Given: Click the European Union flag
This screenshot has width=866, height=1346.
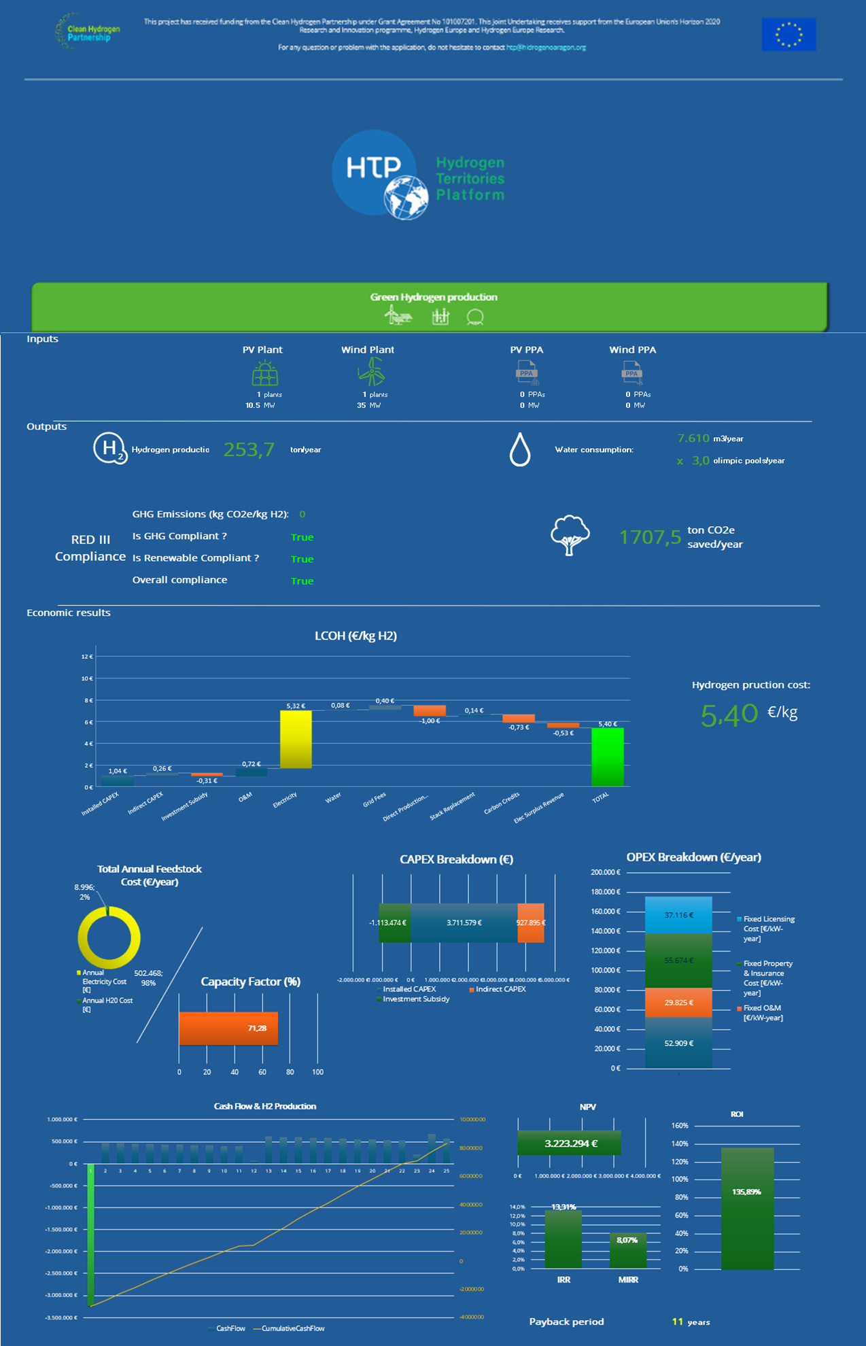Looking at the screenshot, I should tap(789, 35).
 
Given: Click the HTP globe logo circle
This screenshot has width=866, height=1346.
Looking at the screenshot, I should tap(375, 173).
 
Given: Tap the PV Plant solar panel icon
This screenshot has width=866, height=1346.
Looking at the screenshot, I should tap(264, 373).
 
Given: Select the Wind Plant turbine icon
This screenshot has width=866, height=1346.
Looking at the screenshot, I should tap(371, 371).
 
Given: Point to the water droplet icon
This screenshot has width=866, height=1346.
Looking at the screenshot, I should tap(520, 450).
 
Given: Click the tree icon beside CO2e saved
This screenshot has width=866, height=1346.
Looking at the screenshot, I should tap(570, 535).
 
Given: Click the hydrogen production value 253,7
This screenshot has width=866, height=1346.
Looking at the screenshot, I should tap(249, 449).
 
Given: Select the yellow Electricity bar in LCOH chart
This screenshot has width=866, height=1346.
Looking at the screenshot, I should tap(296, 739).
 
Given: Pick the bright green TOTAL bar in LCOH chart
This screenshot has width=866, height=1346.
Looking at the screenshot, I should tap(607, 757).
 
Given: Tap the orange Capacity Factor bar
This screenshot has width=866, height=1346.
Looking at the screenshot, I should tap(228, 1028).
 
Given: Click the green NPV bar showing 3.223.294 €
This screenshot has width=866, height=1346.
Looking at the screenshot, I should tap(569, 1143).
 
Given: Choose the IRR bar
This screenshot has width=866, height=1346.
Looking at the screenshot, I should tap(563, 1239).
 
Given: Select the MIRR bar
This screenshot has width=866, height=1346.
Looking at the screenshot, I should tap(627, 1250).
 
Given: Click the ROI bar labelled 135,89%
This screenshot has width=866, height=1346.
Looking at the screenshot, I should tap(747, 1208).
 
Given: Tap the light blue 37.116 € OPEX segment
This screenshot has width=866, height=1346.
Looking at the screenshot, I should tap(678, 915).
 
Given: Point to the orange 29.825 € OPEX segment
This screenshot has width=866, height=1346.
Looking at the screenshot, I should tap(678, 1003).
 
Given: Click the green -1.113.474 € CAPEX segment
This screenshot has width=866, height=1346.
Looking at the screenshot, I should tap(394, 922).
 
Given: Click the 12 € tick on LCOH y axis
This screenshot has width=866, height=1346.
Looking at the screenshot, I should tap(87, 657).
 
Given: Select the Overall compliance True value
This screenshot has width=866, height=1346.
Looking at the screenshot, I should tap(302, 581).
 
